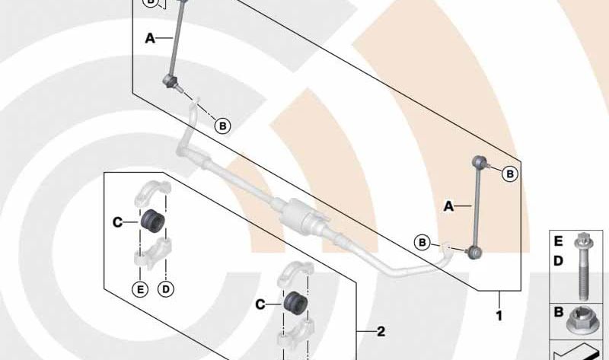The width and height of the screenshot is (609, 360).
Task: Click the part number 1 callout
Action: (x=499, y=316)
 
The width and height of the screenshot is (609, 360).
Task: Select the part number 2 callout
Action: (x=381, y=331)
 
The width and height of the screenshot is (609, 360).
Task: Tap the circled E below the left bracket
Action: (x=140, y=289)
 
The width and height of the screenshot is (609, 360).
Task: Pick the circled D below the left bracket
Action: (x=166, y=289)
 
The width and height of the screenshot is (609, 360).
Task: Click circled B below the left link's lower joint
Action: (x=222, y=126)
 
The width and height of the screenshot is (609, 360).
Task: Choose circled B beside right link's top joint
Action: (x=510, y=174)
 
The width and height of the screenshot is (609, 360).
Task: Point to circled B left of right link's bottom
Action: (x=422, y=243)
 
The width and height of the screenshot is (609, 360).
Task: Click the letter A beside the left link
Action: (x=150, y=38)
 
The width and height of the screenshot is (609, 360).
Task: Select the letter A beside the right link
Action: (x=448, y=205)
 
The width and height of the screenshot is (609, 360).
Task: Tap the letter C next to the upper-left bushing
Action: (x=117, y=222)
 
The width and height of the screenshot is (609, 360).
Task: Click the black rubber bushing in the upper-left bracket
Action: (x=152, y=221)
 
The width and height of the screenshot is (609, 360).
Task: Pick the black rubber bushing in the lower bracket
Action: (x=295, y=301)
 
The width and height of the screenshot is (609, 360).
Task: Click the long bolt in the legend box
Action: (x=582, y=266)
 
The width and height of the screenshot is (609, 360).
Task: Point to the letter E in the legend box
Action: (x=558, y=241)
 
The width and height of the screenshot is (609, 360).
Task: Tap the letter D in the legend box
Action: (x=558, y=261)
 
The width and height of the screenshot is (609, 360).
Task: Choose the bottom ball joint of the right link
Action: (x=474, y=253)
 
